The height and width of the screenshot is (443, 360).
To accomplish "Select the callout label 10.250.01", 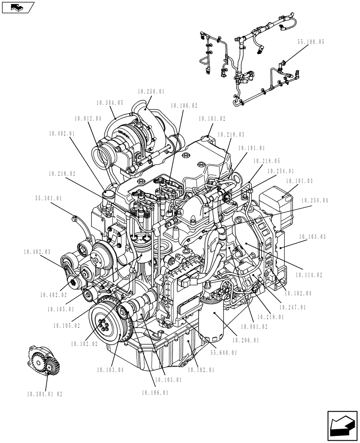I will click(151, 92).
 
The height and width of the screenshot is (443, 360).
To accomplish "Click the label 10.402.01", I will click(62, 133).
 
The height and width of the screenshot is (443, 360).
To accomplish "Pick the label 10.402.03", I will click(37, 252).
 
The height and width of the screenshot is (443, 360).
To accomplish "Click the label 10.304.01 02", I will click(45, 393).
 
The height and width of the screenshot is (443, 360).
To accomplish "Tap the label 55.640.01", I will click(224, 353).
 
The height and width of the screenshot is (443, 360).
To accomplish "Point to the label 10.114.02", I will click(309, 275).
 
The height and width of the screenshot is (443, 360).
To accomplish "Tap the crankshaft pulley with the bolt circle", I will click(105, 322).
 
